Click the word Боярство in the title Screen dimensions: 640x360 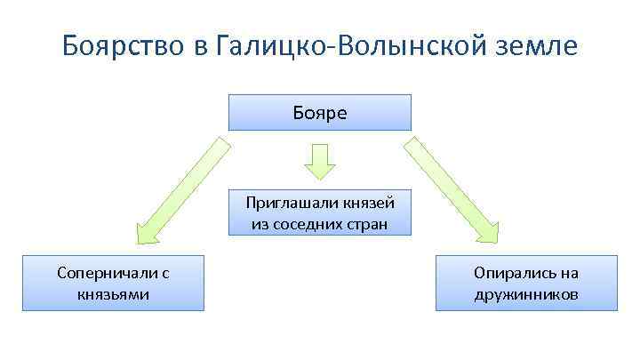coord(122,45)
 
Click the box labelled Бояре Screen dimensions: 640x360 coord(320,113)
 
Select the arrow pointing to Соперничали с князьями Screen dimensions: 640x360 coord(182,188)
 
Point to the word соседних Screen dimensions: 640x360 coord(312,224)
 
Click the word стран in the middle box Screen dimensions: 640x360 coord(368,224)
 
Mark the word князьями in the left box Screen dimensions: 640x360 coord(113,293)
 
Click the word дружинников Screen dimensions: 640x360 coord(526,293)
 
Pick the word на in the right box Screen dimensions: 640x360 coord(568,273)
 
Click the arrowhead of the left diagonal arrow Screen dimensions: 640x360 coord(146,233)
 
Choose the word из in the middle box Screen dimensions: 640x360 coord(260,224)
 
